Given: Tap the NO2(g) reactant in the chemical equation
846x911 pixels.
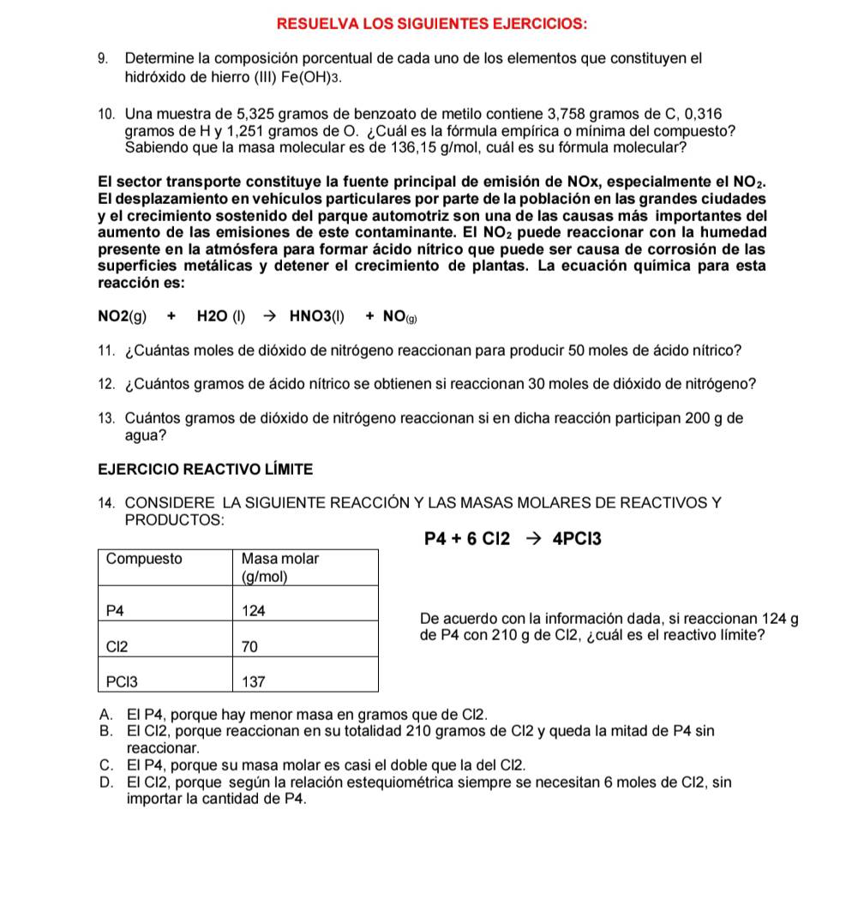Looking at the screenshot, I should (x=123, y=317).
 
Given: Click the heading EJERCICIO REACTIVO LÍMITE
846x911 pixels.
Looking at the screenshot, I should (x=205, y=470).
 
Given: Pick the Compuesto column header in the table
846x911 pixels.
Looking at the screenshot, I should (x=144, y=559).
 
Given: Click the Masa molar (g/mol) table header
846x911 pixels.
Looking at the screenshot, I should (x=279, y=567).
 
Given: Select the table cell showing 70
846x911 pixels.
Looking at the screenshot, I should (x=249, y=647).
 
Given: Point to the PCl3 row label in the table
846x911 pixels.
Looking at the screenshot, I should (x=122, y=682).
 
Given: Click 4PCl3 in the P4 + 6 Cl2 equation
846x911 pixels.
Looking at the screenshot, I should (x=577, y=539).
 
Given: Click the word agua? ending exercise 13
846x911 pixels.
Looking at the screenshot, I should (x=146, y=435).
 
